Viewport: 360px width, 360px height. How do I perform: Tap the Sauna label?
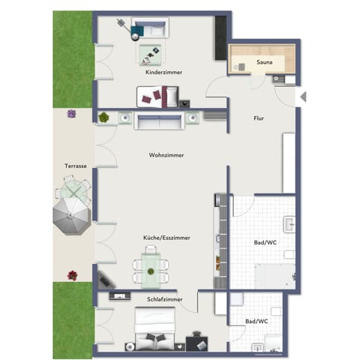point(264,63)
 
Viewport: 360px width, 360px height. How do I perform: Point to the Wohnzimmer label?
point(166,155)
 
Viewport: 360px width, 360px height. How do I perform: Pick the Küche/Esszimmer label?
point(166,238)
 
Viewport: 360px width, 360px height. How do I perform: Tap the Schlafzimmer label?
point(161,298)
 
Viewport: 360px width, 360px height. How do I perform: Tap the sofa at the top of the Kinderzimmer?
point(150,29)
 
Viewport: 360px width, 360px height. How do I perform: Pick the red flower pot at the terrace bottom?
point(72,274)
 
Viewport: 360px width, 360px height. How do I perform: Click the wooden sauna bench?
point(265,53)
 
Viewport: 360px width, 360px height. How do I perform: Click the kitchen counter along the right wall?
point(220,240)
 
